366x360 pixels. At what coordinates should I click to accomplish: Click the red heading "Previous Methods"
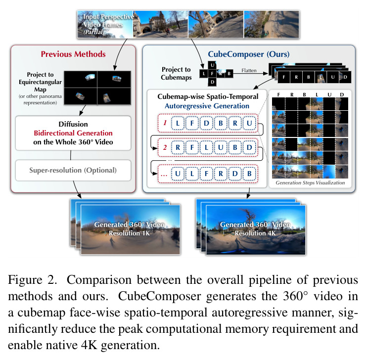pos(73,54)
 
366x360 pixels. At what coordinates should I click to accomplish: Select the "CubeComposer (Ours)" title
pos(249,54)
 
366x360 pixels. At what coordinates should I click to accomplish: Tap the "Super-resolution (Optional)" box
pos(73,170)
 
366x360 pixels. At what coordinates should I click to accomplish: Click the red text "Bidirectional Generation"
pos(73,133)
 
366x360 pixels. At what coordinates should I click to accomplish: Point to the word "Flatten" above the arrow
pos(249,70)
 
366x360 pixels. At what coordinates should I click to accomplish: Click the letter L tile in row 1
pos(178,123)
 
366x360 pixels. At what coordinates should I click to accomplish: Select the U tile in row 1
pos(250,123)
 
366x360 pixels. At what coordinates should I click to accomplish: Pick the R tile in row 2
pos(178,147)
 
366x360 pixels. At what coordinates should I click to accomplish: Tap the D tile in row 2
pos(250,147)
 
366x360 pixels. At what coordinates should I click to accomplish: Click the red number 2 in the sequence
pos(165,147)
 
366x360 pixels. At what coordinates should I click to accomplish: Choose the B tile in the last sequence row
pos(250,174)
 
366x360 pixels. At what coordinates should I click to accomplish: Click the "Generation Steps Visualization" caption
pos(310,182)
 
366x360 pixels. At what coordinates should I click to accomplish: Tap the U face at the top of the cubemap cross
pos(212,65)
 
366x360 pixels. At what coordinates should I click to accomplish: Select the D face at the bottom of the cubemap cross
pos(212,82)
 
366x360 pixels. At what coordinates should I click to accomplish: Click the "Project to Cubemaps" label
pos(176,73)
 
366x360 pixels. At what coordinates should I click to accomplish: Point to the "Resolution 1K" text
pos(129,233)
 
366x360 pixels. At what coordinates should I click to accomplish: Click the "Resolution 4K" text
pos(255,233)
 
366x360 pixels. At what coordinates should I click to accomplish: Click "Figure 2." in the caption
pos(33,280)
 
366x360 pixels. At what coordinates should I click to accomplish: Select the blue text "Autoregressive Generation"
pos(207,106)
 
